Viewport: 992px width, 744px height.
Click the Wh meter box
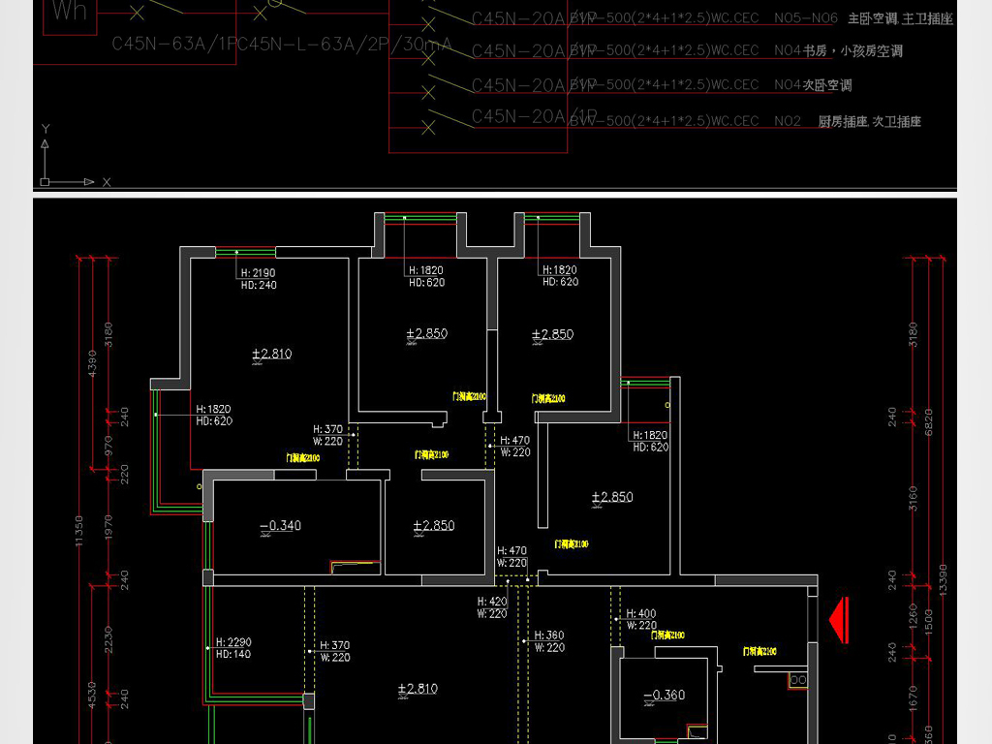click(71, 13)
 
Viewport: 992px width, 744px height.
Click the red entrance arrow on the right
click(839, 620)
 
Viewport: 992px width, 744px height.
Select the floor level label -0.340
click(281, 526)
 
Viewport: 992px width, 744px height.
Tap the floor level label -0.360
click(664, 695)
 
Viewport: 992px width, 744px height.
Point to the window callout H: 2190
click(258, 273)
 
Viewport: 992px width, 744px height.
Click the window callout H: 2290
click(233, 642)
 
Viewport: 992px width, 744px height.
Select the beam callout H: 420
click(491, 602)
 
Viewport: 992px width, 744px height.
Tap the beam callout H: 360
click(548, 636)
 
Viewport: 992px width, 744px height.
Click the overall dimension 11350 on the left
click(79, 530)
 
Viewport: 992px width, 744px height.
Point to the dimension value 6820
click(929, 421)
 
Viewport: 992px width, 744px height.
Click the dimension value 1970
click(108, 528)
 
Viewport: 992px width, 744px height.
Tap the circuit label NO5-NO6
click(806, 18)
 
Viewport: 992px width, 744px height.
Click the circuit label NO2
click(788, 121)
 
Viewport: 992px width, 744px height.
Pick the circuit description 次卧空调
click(827, 85)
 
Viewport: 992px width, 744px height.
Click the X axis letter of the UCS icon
click(107, 181)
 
